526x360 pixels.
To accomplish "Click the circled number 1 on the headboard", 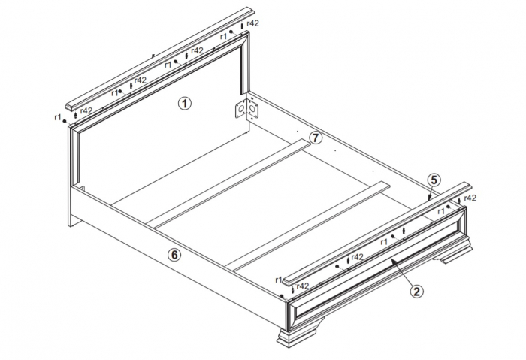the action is pyautogui.click(x=185, y=103).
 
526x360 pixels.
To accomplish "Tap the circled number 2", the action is pyautogui.click(x=416, y=291).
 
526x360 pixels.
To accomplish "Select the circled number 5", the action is pyautogui.click(x=434, y=180).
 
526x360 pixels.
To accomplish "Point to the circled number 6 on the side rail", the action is pyautogui.click(x=174, y=255).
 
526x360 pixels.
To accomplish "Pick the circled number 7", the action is pyautogui.click(x=316, y=138).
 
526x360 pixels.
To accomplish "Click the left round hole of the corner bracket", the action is pyautogui.click(x=240, y=109).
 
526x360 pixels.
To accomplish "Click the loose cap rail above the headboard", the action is pyautogui.click(x=160, y=58).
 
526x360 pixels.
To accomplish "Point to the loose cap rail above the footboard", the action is pyautogui.click(x=376, y=234).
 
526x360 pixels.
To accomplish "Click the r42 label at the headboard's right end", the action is pyautogui.click(x=252, y=23).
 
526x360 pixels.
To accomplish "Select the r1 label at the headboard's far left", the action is pyautogui.click(x=58, y=117).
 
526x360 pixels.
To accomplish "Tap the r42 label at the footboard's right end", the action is pyautogui.click(x=470, y=198).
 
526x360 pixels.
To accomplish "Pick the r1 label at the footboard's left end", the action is pyautogui.click(x=279, y=280).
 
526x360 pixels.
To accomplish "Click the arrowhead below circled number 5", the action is pyautogui.click(x=430, y=198).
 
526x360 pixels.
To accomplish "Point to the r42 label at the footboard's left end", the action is pyautogui.click(x=302, y=286).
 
